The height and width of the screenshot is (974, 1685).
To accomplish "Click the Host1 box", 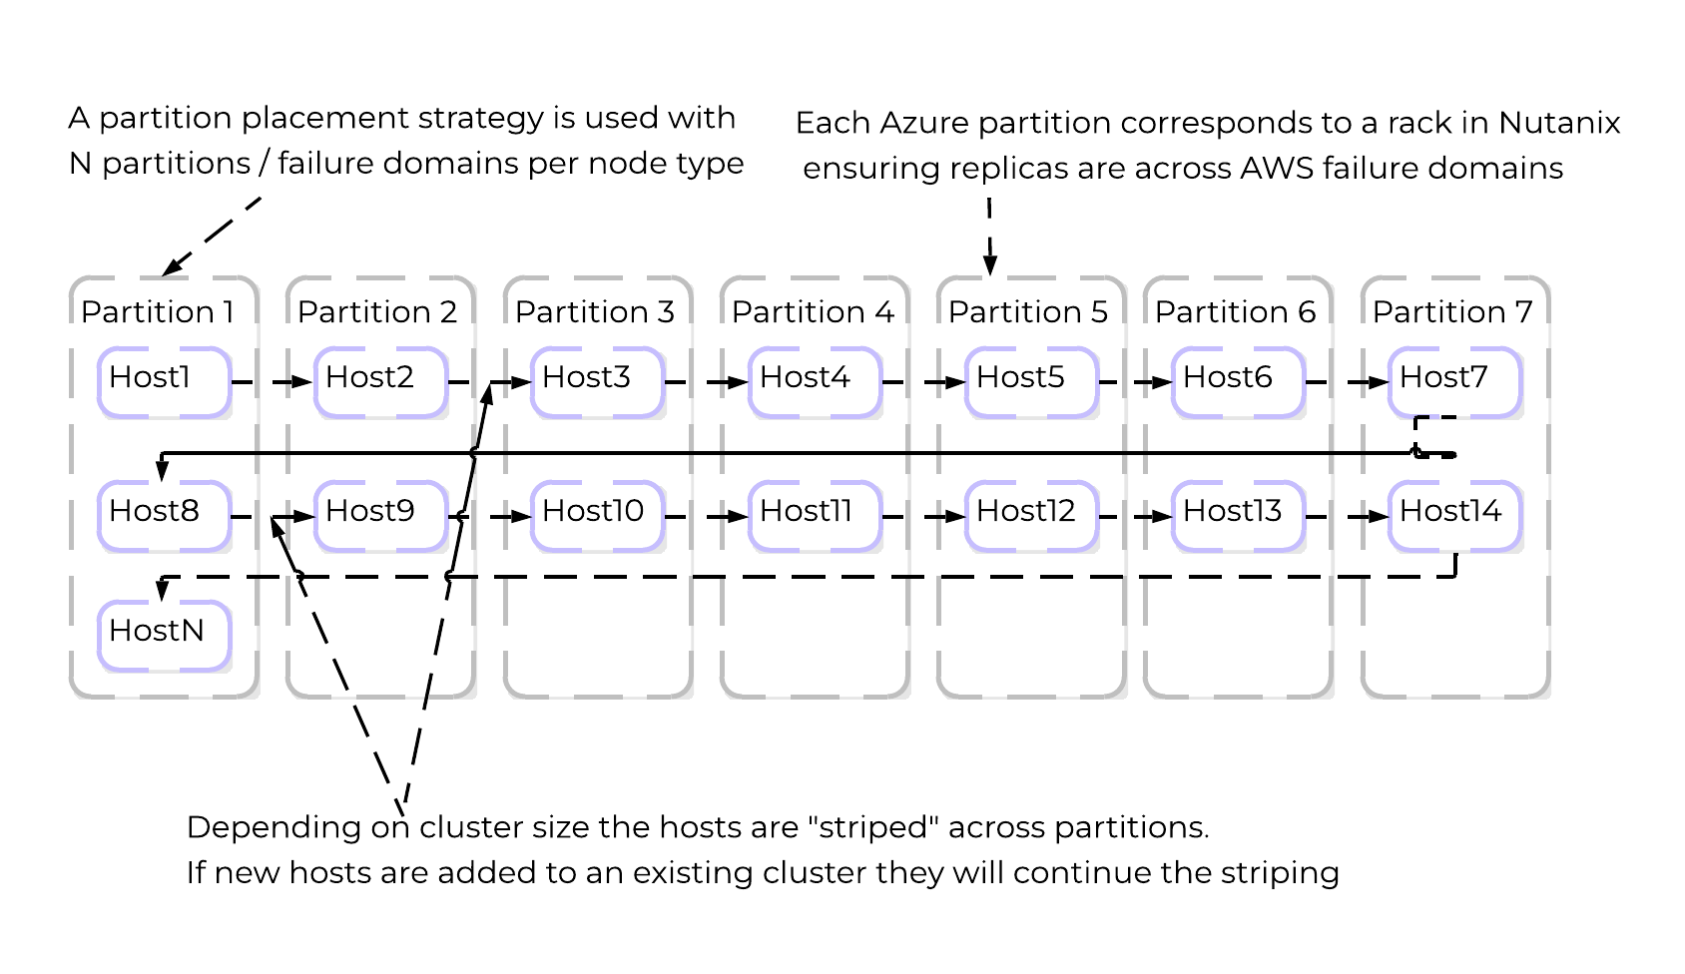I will tap(164, 381).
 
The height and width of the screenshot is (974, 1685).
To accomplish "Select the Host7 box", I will tap(1454, 381).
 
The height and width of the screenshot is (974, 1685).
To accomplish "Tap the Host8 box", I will tap(164, 515).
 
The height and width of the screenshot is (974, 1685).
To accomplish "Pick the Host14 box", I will tap(1454, 515).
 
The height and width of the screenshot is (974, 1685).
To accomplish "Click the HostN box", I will tap(164, 635).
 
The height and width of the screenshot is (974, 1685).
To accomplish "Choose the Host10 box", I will tap(597, 515).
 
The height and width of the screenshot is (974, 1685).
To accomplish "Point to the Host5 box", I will tap(1031, 381).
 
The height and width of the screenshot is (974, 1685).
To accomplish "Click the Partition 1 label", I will tap(158, 312).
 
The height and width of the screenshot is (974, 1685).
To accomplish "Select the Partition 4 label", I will tap(813, 312).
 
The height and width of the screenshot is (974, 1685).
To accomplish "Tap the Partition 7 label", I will tap(1452, 312).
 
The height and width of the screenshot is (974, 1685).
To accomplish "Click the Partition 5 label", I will tap(1028, 312).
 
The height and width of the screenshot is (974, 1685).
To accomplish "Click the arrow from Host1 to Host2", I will tap(272, 381).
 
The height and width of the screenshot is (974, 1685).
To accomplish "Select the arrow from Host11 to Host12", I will tap(923, 516).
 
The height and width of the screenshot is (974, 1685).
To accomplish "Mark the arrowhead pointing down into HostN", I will tap(163, 591).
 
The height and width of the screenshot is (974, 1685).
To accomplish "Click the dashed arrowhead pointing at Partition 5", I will tap(989, 264).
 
